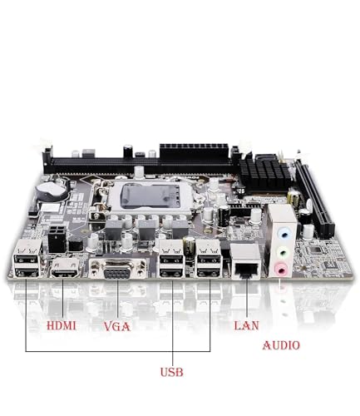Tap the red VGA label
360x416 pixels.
coord(116,326)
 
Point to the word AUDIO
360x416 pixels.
coord(282,345)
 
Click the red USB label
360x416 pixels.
coord(172,371)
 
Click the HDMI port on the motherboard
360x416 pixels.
coord(64,268)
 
